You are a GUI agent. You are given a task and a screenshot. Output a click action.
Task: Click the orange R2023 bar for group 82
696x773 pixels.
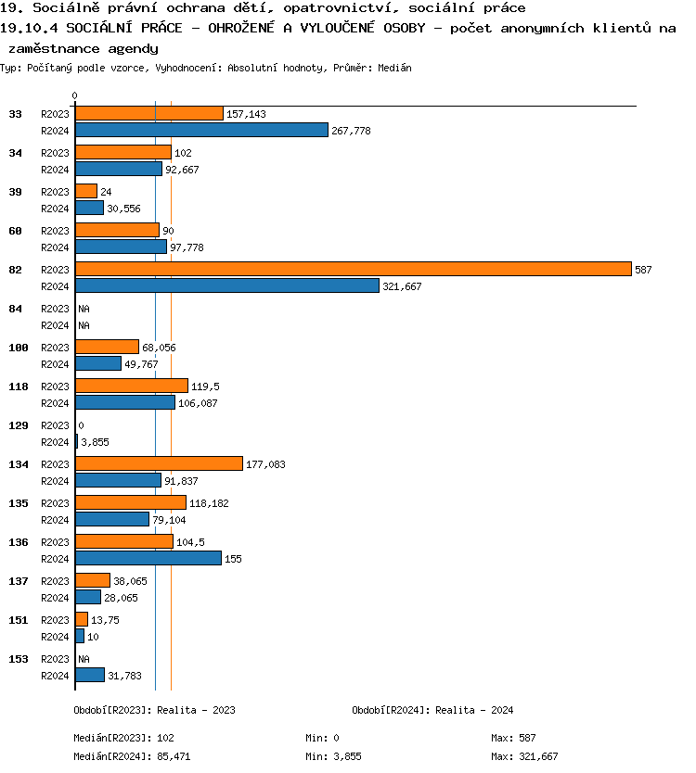point(353,269)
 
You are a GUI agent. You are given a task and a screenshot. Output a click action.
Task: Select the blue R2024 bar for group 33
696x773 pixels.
point(201,130)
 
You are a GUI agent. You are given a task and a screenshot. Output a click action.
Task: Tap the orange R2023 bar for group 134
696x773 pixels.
point(159,463)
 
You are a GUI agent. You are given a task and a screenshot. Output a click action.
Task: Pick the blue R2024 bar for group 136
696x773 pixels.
point(148,558)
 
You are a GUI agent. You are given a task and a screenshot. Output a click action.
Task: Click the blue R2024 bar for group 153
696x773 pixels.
point(90,675)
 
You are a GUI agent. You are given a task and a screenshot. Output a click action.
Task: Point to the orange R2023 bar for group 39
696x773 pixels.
point(86,191)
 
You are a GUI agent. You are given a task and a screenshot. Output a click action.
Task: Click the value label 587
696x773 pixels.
point(644,270)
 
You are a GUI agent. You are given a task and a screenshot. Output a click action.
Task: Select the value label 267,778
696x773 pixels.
point(351,131)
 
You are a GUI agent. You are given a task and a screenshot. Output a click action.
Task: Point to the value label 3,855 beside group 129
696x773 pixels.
point(95,442)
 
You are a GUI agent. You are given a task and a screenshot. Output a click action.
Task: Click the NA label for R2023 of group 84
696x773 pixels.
point(84,309)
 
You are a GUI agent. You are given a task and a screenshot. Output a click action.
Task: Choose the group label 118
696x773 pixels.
point(19,386)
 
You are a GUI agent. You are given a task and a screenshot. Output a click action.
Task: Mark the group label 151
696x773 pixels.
point(19,620)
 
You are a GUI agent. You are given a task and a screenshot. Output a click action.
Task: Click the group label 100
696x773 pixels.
point(19,348)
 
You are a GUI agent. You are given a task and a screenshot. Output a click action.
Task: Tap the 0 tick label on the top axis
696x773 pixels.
point(74,95)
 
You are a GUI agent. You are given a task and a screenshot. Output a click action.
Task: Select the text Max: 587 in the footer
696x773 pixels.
point(513,738)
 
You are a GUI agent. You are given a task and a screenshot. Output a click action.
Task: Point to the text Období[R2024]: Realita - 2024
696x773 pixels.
point(432,710)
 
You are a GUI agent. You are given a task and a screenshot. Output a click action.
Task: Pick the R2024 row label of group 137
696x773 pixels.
point(55,598)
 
